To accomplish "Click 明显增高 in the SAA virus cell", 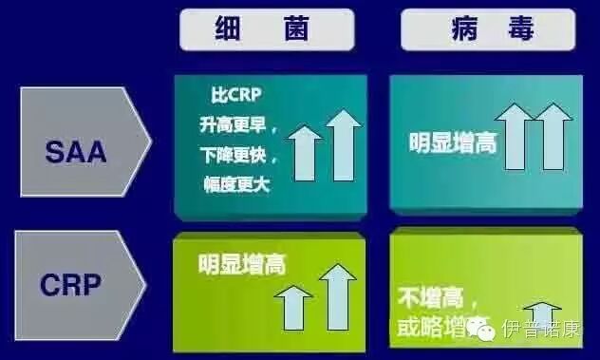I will point(453,144).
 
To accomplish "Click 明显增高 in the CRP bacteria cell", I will point(242,263).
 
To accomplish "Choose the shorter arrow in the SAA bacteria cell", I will point(304,154).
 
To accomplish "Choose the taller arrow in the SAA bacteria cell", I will point(343,146).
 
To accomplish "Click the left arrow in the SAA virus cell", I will point(516,141).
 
